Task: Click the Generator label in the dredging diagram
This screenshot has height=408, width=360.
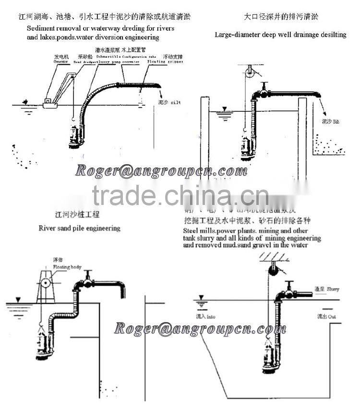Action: [61, 61]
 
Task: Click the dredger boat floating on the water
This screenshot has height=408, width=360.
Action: [50, 102]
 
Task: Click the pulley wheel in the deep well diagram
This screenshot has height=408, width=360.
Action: [249, 73]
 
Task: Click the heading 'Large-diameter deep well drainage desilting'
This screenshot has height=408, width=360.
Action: [280, 35]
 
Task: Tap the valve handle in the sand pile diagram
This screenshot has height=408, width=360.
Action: [88, 274]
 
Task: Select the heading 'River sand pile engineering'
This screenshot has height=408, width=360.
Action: [79, 228]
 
